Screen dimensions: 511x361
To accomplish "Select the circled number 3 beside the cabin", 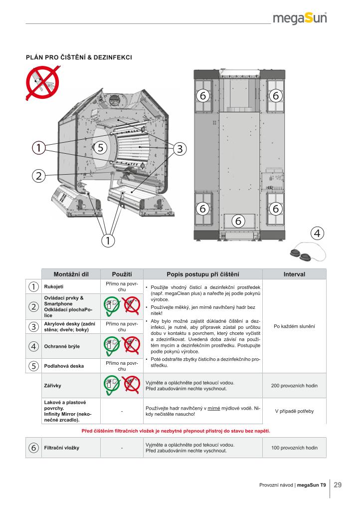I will click(x=180, y=148).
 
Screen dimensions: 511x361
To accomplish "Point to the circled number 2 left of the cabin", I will click(x=38, y=175).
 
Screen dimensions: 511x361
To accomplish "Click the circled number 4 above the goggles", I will click(x=317, y=233).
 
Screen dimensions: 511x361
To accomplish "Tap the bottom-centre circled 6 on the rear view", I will click(x=238, y=220).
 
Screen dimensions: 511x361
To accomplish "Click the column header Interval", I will click(x=294, y=274).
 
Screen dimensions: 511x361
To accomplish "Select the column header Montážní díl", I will click(x=71, y=274).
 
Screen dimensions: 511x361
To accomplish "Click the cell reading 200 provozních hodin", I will click(x=294, y=386).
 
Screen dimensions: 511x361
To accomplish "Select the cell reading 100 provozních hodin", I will click(x=294, y=448).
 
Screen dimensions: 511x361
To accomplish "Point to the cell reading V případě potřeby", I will click(x=294, y=411).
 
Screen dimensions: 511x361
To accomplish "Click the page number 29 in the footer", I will click(x=338, y=485).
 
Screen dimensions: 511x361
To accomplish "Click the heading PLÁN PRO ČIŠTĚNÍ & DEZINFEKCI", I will click(x=79, y=57).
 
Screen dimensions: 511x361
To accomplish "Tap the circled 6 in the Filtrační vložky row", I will click(x=33, y=448).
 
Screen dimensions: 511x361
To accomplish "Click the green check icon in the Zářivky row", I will click(x=112, y=384).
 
